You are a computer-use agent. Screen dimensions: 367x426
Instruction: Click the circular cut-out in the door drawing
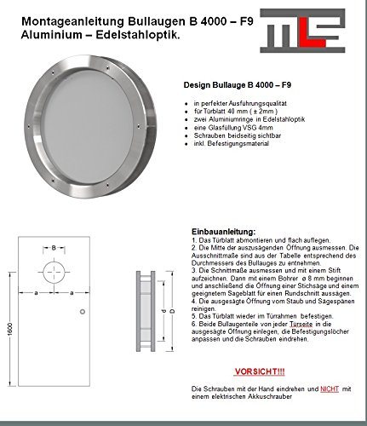pyautogui.click(x=54, y=274)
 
